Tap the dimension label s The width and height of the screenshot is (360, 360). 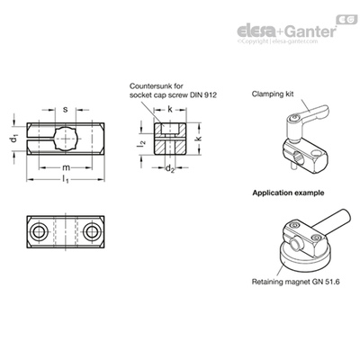point(65,109)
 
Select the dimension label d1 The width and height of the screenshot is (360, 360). point(14,139)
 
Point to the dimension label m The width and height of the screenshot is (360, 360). point(66,167)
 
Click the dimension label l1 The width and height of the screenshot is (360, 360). point(66,180)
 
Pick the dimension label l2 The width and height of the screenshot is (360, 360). point(141,143)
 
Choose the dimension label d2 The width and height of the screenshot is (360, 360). point(170,168)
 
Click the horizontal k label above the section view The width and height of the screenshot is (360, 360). point(170,110)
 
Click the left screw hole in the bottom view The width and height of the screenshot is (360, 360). point(40,231)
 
